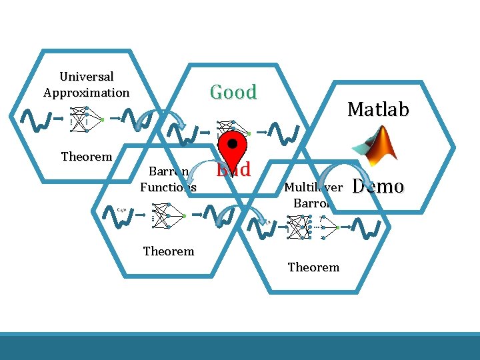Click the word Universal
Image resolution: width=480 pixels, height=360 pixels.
click(87, 77)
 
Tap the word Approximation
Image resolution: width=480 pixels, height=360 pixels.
click(87, 93)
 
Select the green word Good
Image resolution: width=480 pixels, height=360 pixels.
click(233, 92)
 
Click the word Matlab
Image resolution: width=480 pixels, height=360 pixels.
click(378, 109)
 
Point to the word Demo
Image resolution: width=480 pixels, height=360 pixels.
click(378, 186)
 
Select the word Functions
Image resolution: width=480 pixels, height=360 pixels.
click(168, 187)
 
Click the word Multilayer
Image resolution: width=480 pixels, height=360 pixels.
click(313, 187)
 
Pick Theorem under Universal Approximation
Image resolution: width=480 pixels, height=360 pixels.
click(87, 157)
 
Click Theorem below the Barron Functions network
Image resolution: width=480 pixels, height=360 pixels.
click(169, 251)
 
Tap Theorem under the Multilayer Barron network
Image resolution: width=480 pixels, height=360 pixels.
click(313, 267)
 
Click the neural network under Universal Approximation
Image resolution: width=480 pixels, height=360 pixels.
click(86, 118)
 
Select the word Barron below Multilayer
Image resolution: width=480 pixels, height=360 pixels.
click(309, 203)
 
